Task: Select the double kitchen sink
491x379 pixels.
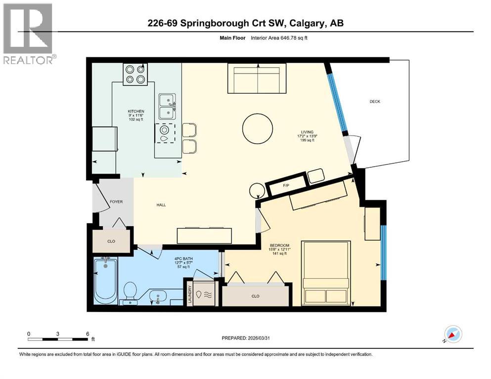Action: [167, 106]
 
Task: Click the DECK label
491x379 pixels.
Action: [375, 102]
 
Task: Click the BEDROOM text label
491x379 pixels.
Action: [279, 246]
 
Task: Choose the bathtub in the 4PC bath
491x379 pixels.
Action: [105, 281]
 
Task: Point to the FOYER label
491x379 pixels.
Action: [116, 202]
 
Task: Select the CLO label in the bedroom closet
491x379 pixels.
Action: [255, 296]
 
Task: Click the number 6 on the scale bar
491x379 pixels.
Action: [87, 334]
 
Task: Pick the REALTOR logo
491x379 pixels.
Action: [28, 34]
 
